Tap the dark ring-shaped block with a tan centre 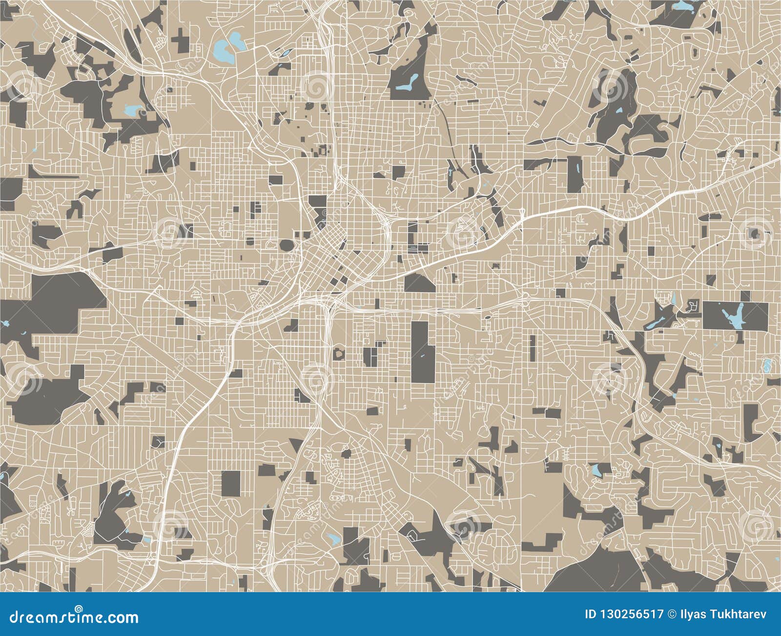(x=338, y=353)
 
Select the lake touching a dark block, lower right (x=596, y=470)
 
